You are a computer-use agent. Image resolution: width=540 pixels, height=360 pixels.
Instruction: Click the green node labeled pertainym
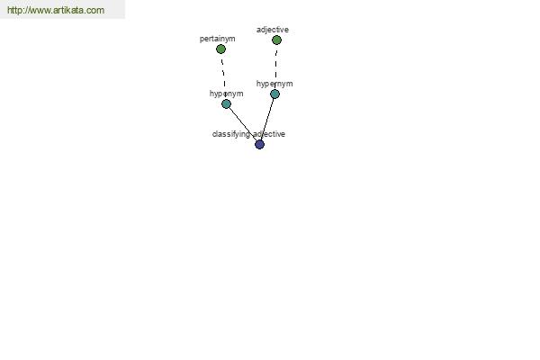pos(220,49)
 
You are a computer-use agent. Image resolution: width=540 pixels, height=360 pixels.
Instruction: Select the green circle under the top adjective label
pos(276,40)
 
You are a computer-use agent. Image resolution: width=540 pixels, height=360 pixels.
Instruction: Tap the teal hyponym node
pos(226,104)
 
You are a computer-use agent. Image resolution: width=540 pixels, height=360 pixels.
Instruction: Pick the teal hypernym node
pos(274,94)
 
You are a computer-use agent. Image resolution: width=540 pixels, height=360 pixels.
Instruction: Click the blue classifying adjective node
pos(260,144)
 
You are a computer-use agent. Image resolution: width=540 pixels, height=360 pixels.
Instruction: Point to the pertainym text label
pos(217,39)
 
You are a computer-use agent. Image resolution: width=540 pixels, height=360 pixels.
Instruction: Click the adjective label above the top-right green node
pos(273,30)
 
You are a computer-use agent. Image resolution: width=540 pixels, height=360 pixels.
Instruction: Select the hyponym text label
pos(226,94)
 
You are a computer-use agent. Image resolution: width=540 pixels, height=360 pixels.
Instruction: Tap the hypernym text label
pos(274,84)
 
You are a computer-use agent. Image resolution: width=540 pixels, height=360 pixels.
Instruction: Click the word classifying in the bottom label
pos(231,134)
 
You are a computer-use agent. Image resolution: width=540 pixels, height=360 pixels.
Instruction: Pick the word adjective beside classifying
pos(269,134)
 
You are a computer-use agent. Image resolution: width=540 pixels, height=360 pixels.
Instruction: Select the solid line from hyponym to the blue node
pos(243,124)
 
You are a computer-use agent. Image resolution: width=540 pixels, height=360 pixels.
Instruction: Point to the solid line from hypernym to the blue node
pos(267,119)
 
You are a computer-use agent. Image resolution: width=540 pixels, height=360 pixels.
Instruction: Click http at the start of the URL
pos(15,10)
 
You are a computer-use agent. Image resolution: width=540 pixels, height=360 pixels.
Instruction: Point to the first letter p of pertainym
pos(202,40)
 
